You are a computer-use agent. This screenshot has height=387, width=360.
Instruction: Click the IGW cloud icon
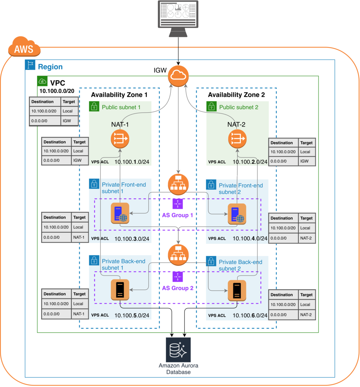click(x=178, y=76)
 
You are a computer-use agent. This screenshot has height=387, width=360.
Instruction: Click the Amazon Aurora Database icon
click(x=178, y=349)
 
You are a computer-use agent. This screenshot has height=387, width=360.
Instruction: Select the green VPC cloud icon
click(x=42, y=81)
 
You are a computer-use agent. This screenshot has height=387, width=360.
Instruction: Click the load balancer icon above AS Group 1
click(x=178, y=183)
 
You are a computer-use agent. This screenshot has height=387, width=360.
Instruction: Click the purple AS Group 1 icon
click(x=178, y=204)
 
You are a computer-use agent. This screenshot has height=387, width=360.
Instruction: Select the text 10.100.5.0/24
click(x=132, y=315)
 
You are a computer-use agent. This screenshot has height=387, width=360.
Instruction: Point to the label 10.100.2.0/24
click(x=250, y=162)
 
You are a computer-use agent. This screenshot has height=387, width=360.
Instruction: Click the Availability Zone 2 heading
click(x=236, y=95)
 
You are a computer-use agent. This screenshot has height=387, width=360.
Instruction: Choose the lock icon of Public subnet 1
click(x=94, y=106)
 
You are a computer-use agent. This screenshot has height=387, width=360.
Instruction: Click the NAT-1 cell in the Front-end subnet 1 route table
click(x=79, y=237)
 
